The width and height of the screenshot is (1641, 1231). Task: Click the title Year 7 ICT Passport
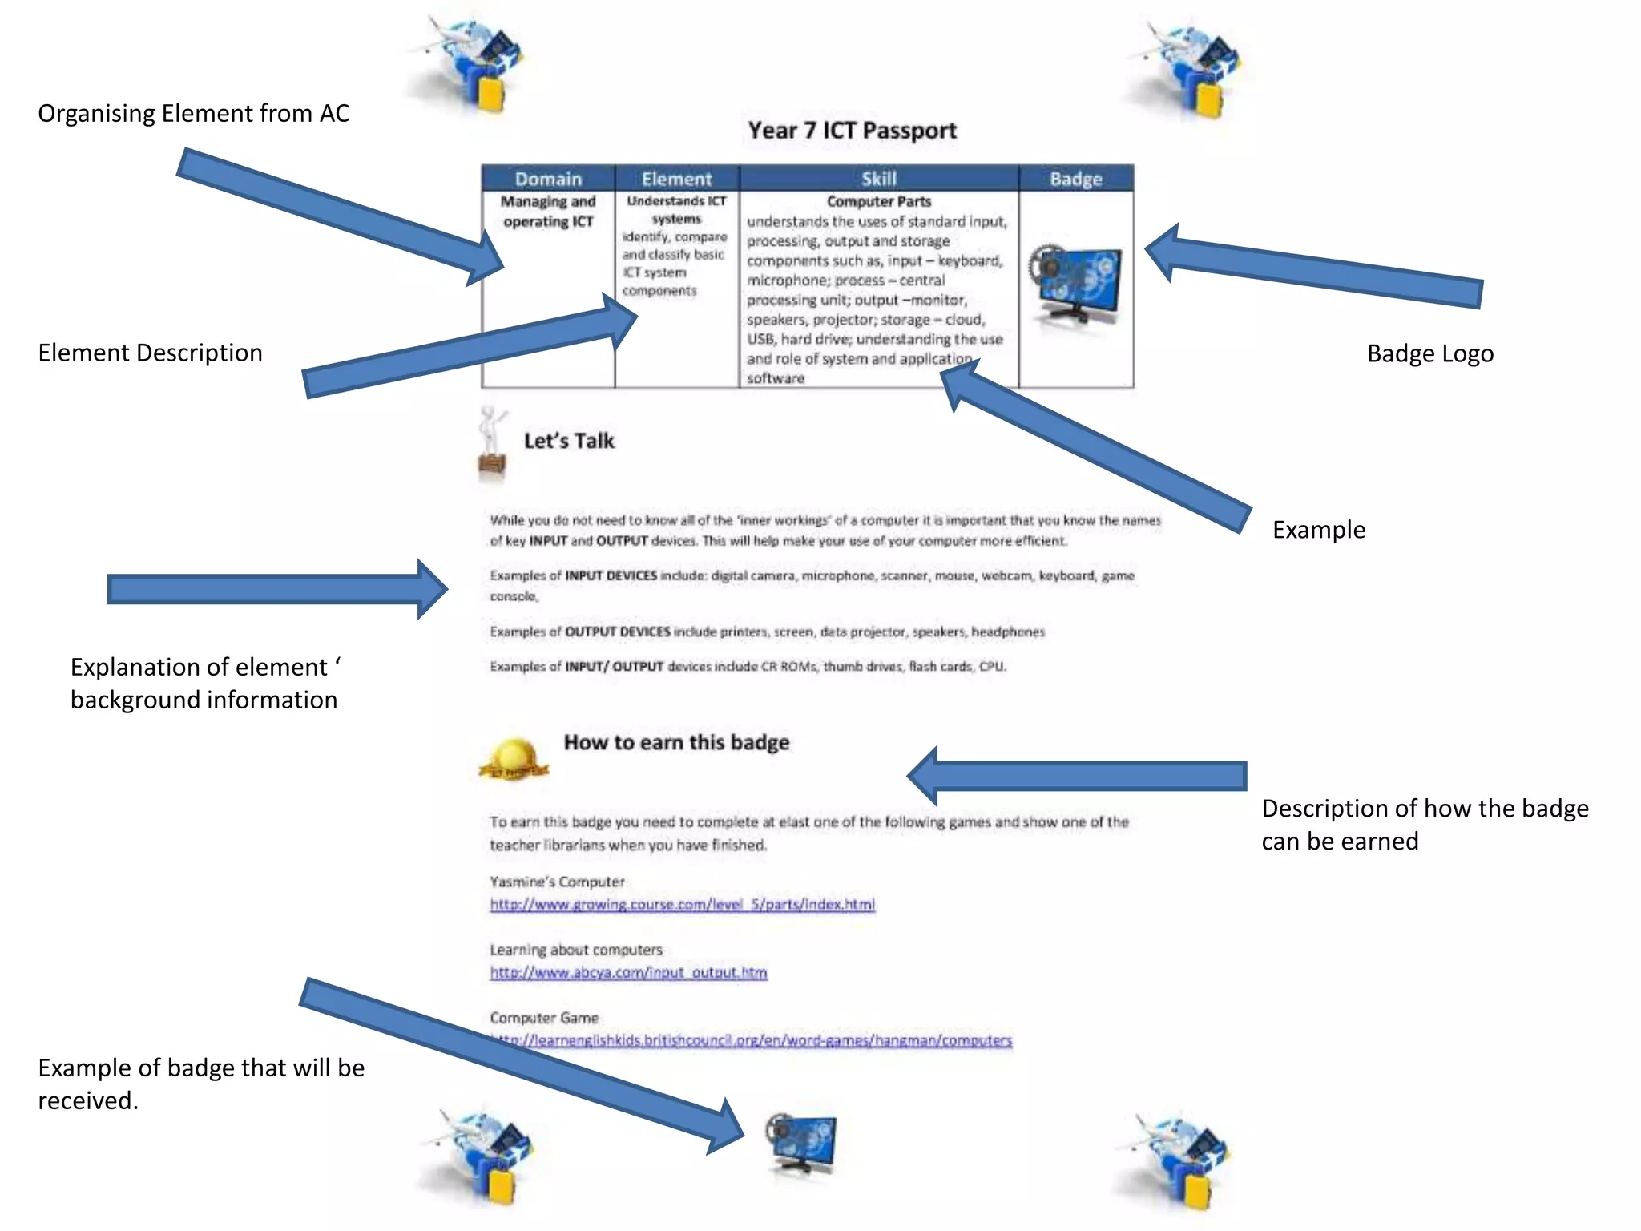click(852, 131)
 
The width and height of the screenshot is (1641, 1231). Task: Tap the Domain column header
click(548, 179)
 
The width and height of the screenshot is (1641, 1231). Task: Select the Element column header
click(676, 179)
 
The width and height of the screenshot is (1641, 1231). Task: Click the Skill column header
click(878, 179)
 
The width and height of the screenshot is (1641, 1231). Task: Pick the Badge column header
click(1075, 179)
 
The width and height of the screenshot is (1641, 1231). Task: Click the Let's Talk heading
click(569, 441)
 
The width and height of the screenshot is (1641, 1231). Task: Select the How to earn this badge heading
click(676, 742)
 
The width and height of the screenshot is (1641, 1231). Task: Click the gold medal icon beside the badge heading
click(513, 759)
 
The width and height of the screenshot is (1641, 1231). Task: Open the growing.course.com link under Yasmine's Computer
click(682, 904)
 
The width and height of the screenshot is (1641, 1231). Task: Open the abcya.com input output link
click(628, 972)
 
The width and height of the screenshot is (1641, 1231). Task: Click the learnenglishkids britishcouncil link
click(753, 1040)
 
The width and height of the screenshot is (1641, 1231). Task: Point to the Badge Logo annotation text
click(1429, 353)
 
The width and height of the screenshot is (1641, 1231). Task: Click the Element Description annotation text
click(150, 353)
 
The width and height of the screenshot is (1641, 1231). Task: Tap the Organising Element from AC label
click(193, 113)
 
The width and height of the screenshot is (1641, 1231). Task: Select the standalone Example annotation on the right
click(1318, 530)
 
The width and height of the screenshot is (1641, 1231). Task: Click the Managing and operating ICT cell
click(548, 212)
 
